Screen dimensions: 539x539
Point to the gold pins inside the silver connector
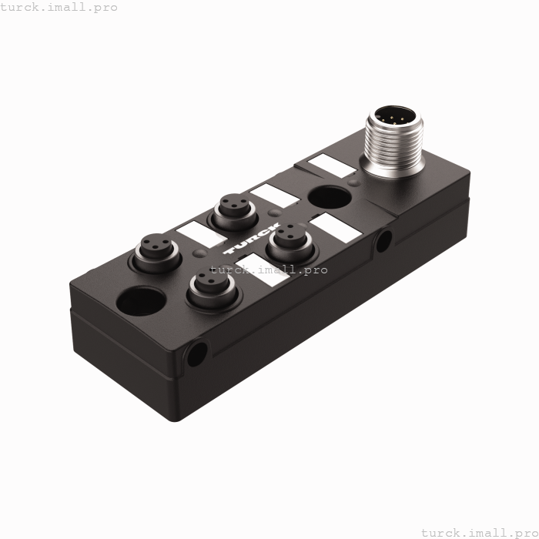[393, 119]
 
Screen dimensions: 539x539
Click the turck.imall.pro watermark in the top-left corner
[59, 7]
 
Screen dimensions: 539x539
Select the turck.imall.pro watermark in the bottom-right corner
[479, 532]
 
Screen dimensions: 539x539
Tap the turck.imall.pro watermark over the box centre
[269, 269]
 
